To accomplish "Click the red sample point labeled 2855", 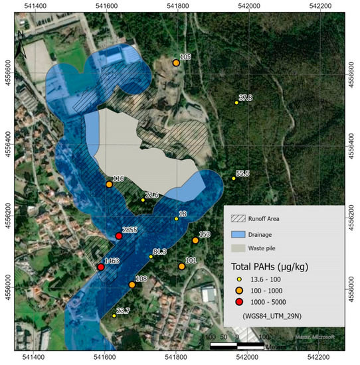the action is tap(119, 236).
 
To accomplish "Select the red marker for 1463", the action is tap(101, 267).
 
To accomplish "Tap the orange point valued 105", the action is tap(176, 63).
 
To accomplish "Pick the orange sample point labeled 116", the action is tap(109, 184).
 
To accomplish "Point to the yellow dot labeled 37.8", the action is tap(236, 103).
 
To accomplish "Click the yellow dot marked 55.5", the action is tap(234, 179).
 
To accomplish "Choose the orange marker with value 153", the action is tap(195, 240).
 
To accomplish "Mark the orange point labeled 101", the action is tap(181, 267).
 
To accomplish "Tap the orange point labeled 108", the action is tap(132, 285).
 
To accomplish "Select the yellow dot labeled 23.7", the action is tap(114, 316).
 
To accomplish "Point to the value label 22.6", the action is tap(152, 196).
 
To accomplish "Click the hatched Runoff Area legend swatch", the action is tap(237, 218).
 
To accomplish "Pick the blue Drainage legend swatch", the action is tap(237, 234).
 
